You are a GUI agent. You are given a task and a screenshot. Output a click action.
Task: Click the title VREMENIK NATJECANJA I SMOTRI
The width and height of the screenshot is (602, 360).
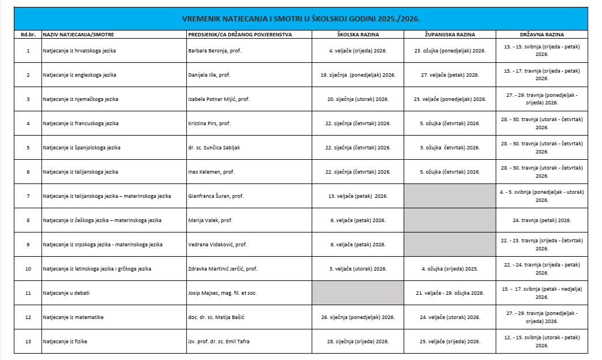pyautogui.click(x=300, y=18)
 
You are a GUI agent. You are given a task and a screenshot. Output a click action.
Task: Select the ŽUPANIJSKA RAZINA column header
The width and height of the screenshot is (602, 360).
pyautogui.click(x=449, y=35)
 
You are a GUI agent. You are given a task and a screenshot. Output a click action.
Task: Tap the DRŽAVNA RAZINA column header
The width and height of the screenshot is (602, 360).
pyautogui.click(x=541, y=35)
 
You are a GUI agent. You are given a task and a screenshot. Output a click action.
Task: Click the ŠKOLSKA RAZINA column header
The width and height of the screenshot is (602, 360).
pyautogui.click(x=358, y=35)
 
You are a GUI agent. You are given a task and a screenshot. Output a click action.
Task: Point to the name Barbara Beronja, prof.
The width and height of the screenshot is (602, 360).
pyautogui.click(x=215, y=51)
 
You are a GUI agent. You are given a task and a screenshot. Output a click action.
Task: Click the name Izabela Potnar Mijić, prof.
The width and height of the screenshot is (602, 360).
pyautogui.click(x=219, y=99)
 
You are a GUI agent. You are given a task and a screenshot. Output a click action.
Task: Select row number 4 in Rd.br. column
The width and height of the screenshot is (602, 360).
pyautogui.click(x=28, y=123)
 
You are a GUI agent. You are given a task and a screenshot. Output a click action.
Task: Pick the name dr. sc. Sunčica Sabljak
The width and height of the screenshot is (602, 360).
pyautogui.click(x=214, y=148)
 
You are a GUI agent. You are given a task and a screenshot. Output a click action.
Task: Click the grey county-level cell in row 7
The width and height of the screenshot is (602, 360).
pyautogui.click(x=449, y=196)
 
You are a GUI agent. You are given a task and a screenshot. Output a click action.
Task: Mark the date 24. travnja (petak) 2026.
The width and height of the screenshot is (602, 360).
pyautogui.click(x=541, y=220)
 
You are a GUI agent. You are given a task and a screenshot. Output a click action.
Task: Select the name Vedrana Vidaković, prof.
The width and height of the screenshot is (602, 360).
pyautogui.click(x=217, y=245)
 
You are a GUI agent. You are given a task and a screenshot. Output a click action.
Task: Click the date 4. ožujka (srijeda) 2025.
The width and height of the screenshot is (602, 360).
pyautogui.click(x=449, y=269)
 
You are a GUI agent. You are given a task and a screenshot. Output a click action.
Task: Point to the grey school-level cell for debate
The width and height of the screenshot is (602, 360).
pyautogui.click(x=358, y=293)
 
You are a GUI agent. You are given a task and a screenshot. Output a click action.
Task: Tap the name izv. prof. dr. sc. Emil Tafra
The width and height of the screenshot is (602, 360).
pyautogui.click(x=219, y=342)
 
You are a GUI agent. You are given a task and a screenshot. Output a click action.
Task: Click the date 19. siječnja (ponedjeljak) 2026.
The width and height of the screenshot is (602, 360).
pyautogui.click(x=358, y=75)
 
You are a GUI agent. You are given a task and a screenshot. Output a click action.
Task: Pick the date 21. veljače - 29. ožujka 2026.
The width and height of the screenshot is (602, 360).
pyautogui.click(x=449, y=293)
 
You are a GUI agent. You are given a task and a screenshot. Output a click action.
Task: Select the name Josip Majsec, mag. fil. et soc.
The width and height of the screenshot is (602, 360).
pyautogui.click(x=223, y=293)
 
